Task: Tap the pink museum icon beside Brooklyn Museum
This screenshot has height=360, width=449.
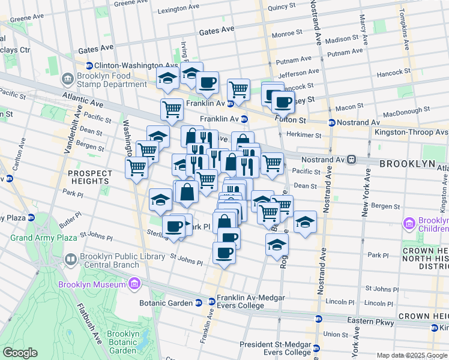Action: coord(134,283)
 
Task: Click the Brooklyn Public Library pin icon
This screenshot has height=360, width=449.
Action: coord(71,260)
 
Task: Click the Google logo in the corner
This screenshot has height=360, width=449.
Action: coord(20,353)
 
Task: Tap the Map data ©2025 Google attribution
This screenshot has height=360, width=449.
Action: coord(411,355)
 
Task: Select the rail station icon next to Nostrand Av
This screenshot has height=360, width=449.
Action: coord(352,160)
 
